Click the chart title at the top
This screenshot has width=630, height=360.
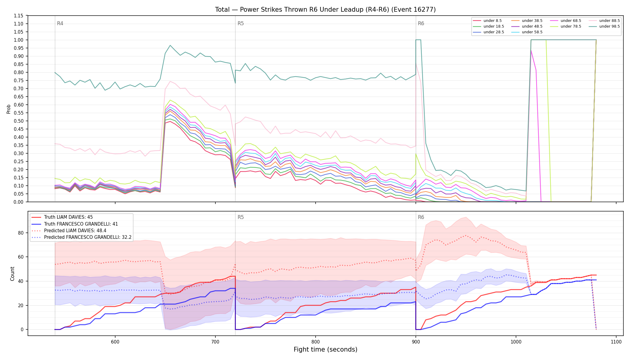coord(325,10)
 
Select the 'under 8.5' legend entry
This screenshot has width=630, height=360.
coord(487,21)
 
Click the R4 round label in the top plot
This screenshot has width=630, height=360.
coord(60,23)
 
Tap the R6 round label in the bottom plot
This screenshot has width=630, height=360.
coord(421,217)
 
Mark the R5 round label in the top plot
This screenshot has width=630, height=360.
coord(241,23)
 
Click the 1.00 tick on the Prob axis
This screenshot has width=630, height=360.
coord(19,40)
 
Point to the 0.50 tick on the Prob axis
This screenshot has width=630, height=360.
coord(19,121)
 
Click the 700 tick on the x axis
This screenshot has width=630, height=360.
coord(215,342)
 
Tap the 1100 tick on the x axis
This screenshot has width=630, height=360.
coord(616,342)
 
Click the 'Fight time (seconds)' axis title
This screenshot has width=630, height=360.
coord(325,349)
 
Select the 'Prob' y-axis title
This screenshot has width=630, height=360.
coord(9,109)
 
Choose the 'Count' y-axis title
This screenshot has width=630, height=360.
coord(12,274)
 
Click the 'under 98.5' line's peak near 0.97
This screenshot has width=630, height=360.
coord(170,45)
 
